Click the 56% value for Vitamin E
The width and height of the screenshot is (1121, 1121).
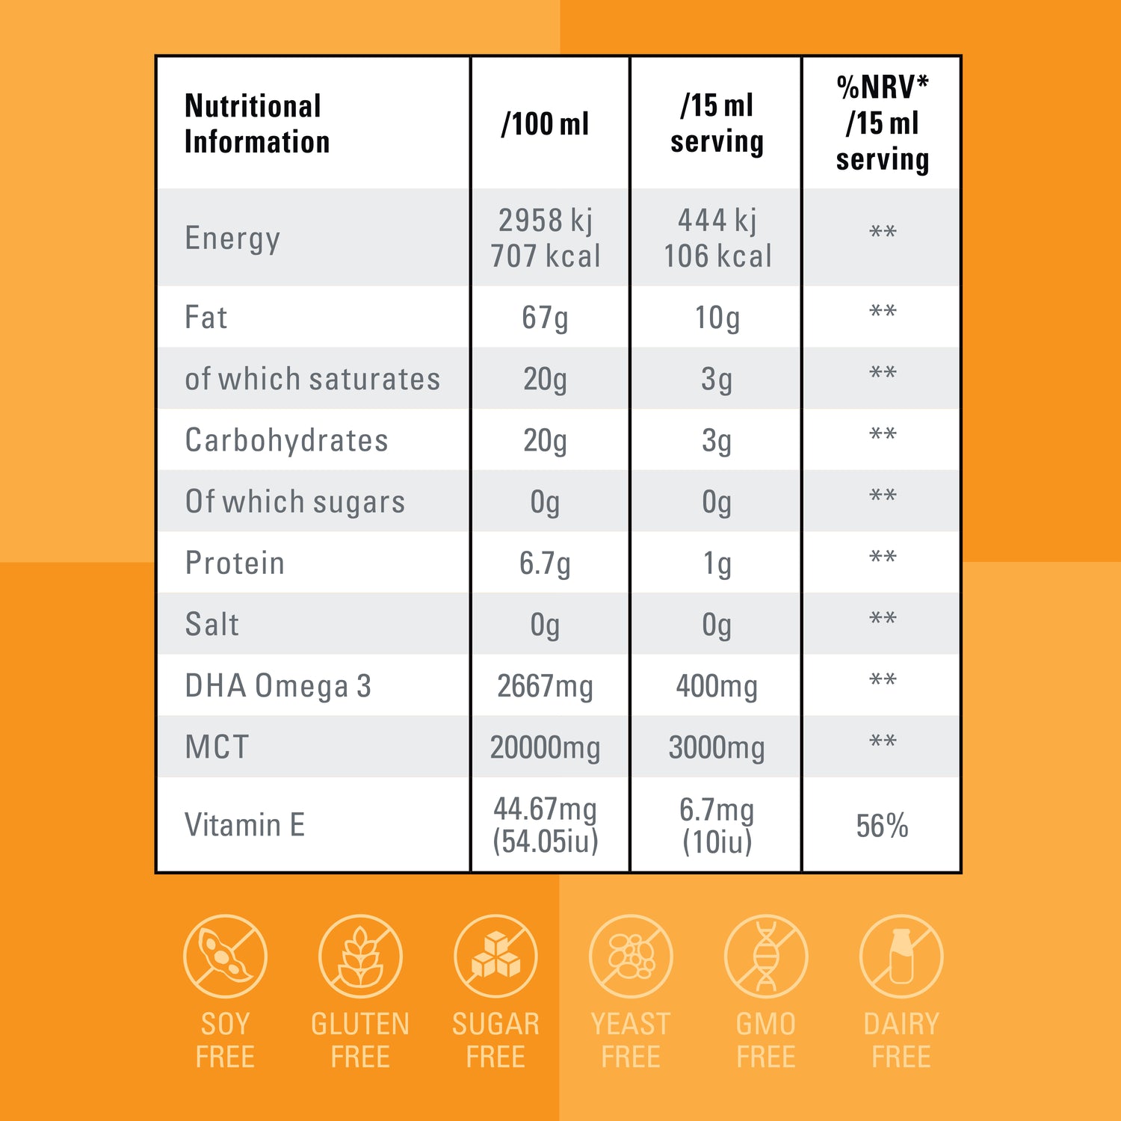(882, 826)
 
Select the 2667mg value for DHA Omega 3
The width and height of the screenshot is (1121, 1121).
(545, 686)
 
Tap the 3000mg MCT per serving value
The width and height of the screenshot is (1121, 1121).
(716, 747)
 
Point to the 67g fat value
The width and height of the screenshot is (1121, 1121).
(545, 318)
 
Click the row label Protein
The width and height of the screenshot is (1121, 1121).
(235, 563)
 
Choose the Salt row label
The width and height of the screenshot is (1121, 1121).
(212, 625)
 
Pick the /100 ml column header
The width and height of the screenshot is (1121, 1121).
(545, 124)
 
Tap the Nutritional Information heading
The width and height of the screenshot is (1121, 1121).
(256, 124)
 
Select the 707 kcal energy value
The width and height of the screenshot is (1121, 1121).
(545, 256)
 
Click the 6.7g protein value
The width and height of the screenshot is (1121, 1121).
(545, 563)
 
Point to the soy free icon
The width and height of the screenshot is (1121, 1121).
(225, 957)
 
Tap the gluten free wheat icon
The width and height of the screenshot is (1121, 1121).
(360, 957)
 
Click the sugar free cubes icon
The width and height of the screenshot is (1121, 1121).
(495, 957)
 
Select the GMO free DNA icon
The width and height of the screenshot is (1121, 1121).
(766, 957)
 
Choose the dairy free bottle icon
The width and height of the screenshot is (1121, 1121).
(901, 957)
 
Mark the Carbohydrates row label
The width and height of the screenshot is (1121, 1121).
(286, 441)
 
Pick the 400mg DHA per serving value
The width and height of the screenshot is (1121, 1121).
(716, 686)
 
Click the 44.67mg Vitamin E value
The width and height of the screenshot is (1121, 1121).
(545, 809)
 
